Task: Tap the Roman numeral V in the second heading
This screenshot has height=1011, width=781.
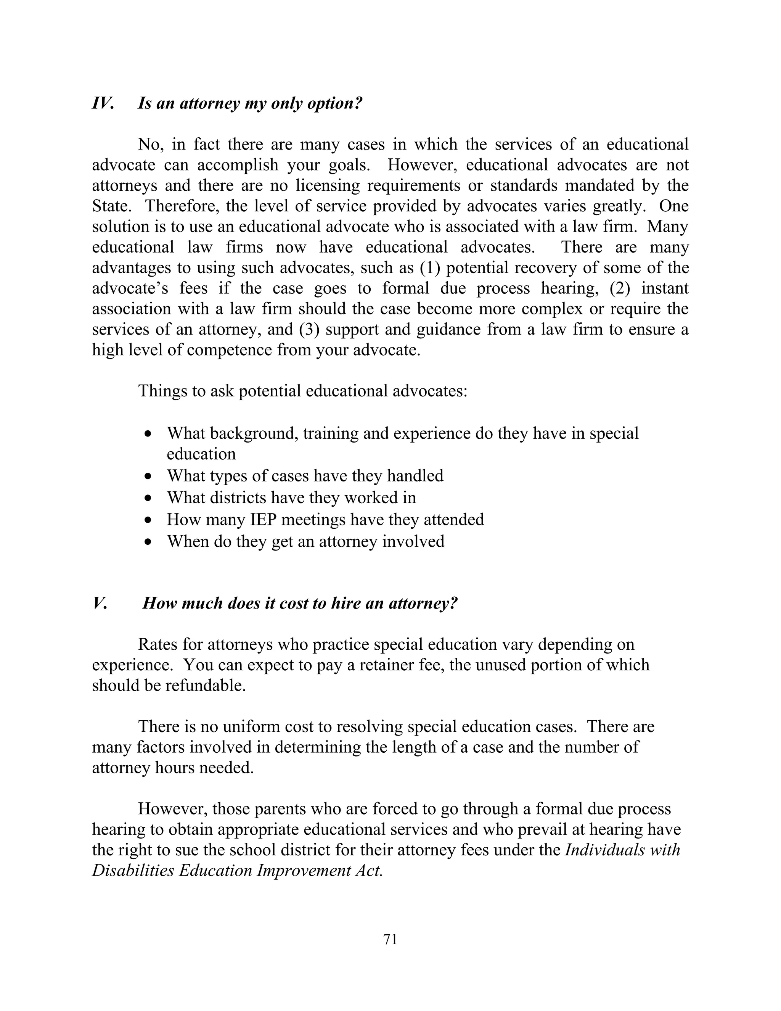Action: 100,603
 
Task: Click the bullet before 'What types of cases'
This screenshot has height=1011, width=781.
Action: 148,476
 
